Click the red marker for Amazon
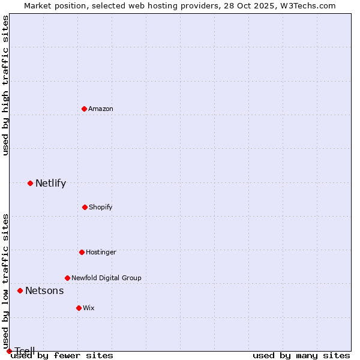click(84, 109)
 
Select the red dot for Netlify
click(30, 183)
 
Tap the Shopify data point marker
click(85, 207)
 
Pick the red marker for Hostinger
click(82, 252)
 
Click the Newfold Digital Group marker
click(67, 278)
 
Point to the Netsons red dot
click(20, 290)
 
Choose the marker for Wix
click(79, 308)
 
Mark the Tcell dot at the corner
click(9, 351)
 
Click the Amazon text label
click(101, 109)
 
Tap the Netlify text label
click(50, 183)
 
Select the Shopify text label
click(100, 207)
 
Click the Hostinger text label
click(101, 252)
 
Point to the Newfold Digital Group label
click(106, 278)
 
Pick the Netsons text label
click(44, 290)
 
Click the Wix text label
click(89, 308)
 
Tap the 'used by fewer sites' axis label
click(62, 355)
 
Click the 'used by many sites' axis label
click(301, 355)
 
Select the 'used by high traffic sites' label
click(5, 86)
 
